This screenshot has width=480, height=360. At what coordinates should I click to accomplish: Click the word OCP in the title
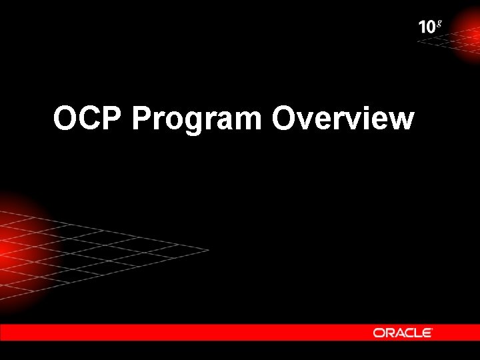click(x=89, y=119)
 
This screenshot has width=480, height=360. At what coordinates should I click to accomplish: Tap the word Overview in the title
click(x=343, y=119)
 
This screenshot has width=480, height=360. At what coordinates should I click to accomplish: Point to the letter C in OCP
click(x=89, y=119)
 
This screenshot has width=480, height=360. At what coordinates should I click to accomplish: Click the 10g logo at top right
click(x=430, y=27)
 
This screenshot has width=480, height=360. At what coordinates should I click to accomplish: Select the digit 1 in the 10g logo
click(x=423, y=27)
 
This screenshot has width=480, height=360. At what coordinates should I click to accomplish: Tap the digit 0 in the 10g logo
click(x=431, y=27)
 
